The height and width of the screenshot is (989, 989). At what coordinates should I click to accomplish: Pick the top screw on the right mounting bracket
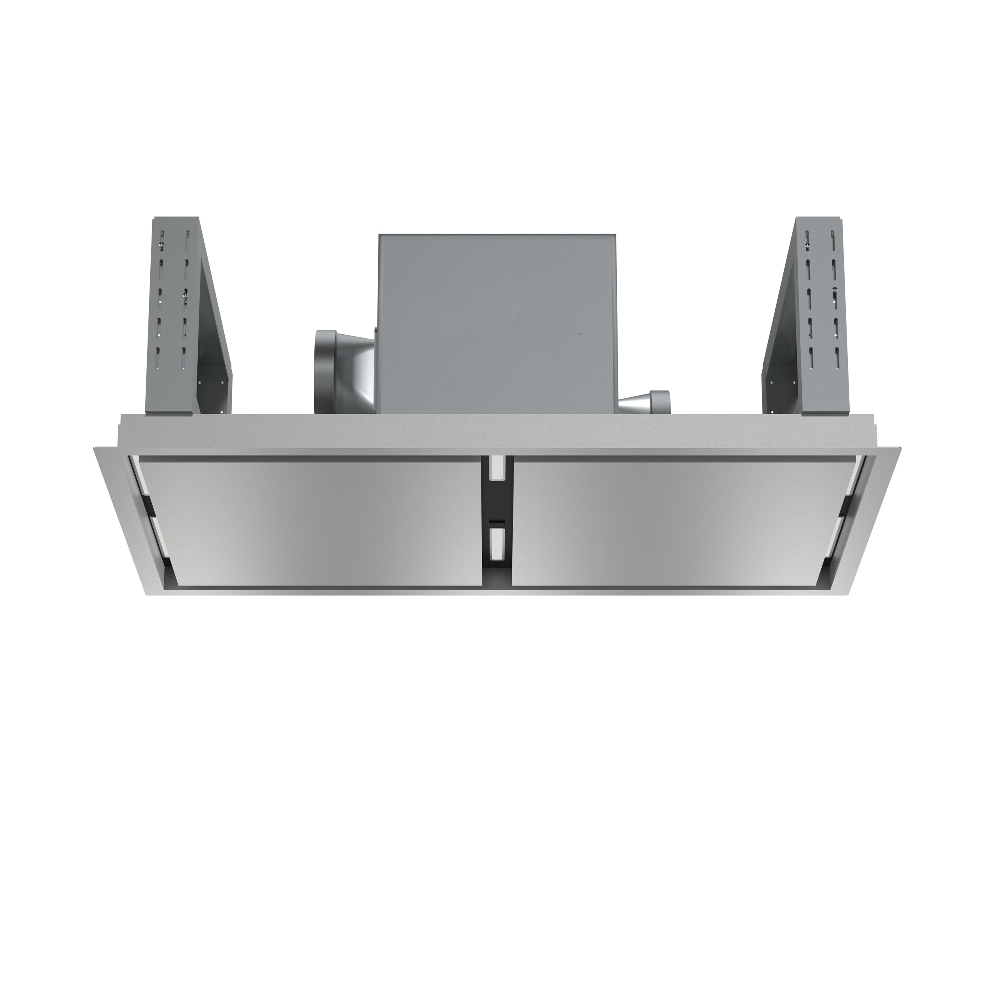(x=807, y=247)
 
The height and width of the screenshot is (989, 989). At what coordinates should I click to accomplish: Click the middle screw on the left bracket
(x=186, y=296)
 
